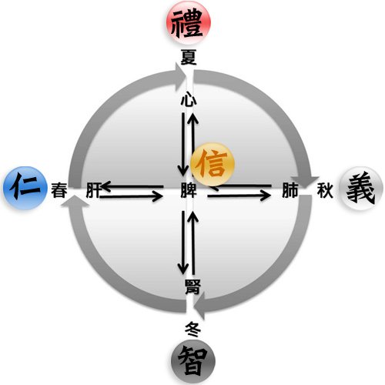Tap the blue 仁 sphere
(x=25, y=188)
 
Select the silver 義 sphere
(x=361, y=188)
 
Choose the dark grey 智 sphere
(x=193, y=361)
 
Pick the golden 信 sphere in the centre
(x=213, y=164)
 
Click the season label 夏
(x=189, y=57)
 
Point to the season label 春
(x=59, y=190)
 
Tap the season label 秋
(x=325, y=190)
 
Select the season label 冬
(x=193, y=330)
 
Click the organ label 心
(x=189, y=99)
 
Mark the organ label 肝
(x=93, y=190)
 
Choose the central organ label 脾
(x=189, y=190)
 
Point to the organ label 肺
(x=290, y=190)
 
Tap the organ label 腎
(x=192, y=286)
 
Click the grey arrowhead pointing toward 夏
(x=180, y=77)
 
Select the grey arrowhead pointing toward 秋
(x=305, y=182)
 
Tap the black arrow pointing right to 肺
(x=239, y=196)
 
